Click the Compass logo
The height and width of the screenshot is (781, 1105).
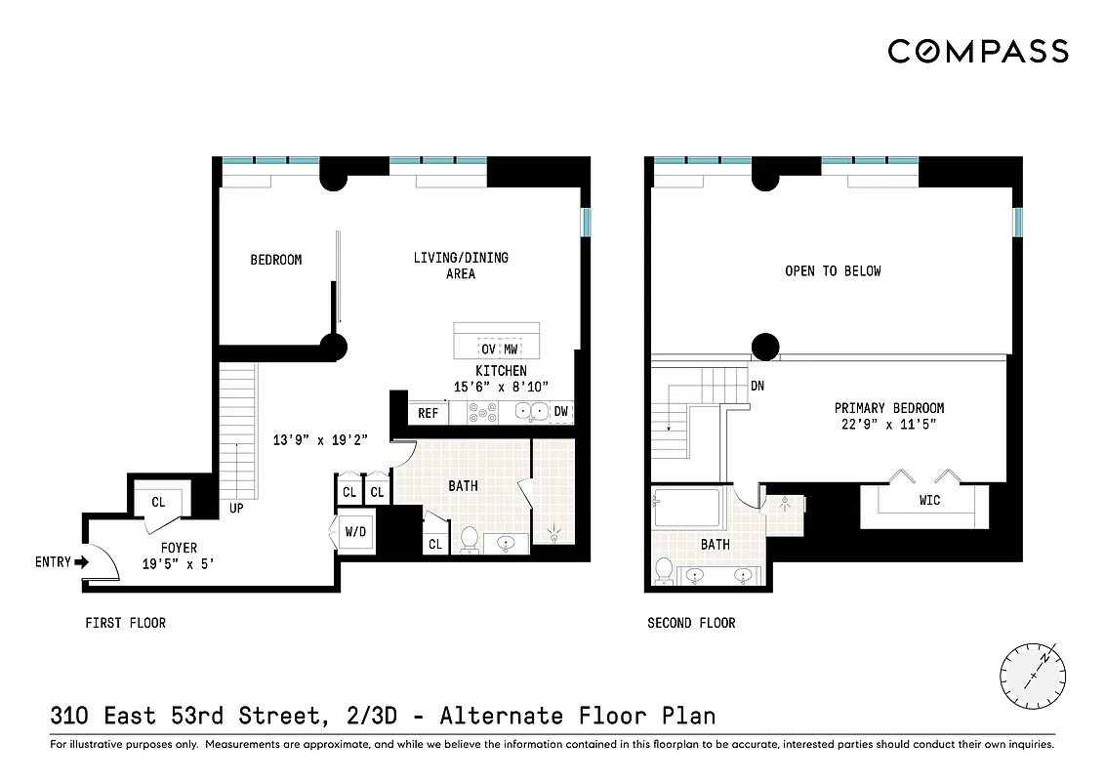point(977,51)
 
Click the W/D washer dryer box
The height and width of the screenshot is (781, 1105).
point(354,533)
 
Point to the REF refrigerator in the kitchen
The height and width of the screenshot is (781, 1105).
point(428,413)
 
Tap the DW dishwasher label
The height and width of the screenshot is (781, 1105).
point(560,412)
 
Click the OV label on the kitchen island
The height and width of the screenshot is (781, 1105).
point(488,349)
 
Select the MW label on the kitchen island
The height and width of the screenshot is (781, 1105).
point(511,349)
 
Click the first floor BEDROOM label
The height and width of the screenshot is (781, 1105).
point(275,260)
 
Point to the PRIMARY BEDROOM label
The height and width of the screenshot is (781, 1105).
point(888,408)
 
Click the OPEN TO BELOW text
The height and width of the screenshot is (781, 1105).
point(833,270)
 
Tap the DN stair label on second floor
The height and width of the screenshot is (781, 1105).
point(757,386)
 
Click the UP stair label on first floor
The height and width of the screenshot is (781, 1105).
point(236,509)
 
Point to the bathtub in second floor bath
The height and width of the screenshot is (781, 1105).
point(687,509)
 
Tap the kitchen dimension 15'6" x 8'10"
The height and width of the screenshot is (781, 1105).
point(501,387)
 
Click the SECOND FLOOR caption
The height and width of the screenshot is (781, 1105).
point(691,623)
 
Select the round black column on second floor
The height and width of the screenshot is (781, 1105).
point(765,345)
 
